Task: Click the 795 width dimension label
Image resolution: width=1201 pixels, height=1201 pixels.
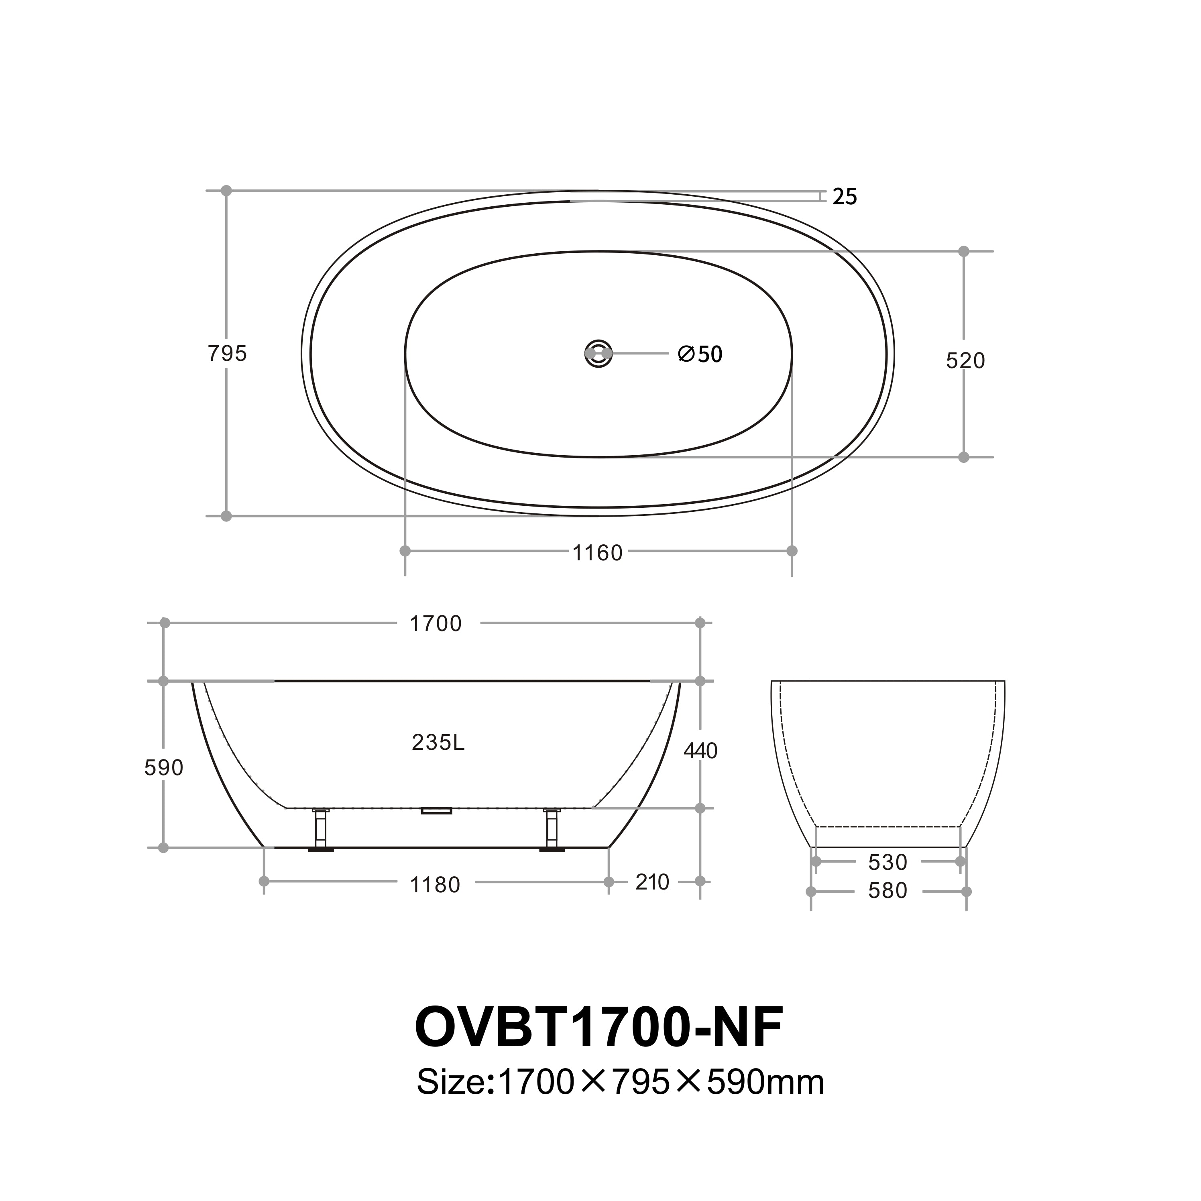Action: point(227,354)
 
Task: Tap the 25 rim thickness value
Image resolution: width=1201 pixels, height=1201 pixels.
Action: point(844,197)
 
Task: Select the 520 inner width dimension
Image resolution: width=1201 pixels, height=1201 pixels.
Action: point(965,360)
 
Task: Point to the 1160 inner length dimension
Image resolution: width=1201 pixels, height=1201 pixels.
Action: point(597,553)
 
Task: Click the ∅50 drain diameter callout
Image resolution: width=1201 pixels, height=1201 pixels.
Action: point(700,354)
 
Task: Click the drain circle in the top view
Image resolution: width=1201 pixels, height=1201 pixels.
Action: point(598,354)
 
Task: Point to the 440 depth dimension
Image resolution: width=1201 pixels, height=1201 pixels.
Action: point(700,751)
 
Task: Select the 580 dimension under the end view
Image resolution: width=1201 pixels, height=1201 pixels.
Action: point(888,891)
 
